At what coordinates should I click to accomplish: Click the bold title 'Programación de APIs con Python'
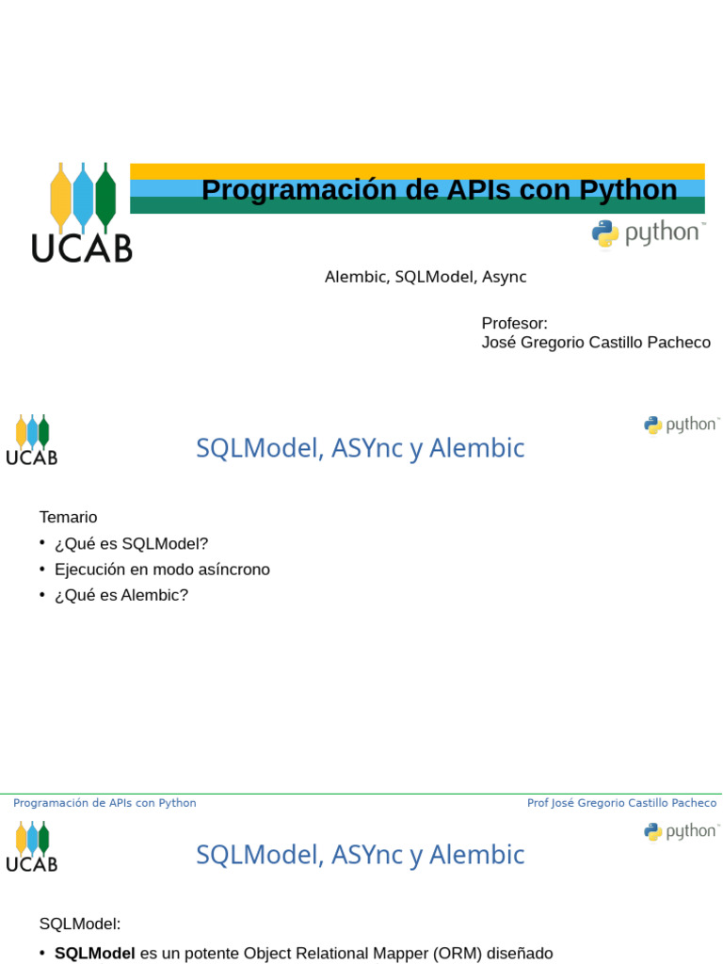click(x=439, y=190)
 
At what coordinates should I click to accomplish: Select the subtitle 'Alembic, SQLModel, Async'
click(x=425, y=277)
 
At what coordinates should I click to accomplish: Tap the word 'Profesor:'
click(x=514, y=323)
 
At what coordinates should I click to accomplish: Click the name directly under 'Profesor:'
click(x=595, y=343)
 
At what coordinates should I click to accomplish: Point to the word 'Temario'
click(x=68, y=517)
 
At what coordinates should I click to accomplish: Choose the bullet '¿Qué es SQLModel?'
click(x=131, y=543)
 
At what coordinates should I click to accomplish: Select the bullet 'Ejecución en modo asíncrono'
click(x=162, y=570)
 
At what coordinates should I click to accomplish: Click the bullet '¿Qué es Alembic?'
click(x=121, y=595)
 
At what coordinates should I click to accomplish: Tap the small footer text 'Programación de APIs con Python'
click(x=104, y=803)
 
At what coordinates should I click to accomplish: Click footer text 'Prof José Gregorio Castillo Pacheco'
click(x=621, y=803)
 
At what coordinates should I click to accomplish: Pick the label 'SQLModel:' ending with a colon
click(x=80, y=924)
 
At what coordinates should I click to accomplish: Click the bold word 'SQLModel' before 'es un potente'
click(x=94, y=953)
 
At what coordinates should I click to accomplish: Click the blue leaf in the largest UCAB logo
click(x=83, y=196)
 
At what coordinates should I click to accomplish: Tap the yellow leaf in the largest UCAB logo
click(x=60, y=198)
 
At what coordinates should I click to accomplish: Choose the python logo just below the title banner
click(x=648, y=233)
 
